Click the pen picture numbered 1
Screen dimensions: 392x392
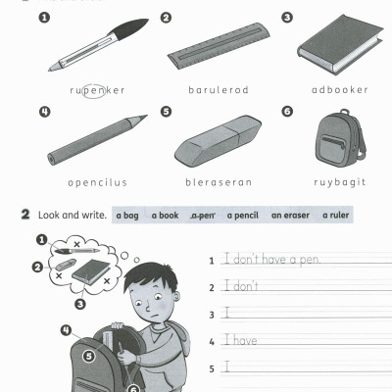point(97,49)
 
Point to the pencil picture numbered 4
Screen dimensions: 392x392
point(97,139)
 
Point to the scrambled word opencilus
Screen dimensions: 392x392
point(97,181)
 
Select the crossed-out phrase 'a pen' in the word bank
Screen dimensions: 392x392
point(203,215)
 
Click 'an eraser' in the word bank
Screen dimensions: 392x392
point(289,215)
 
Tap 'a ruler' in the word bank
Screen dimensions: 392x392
point(335,215)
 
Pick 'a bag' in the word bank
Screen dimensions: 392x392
point(127,215)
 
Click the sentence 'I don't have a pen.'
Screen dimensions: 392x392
point(270,260)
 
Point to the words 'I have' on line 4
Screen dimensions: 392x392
point(240,340)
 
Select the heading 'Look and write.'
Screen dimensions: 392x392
point(72,215)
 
